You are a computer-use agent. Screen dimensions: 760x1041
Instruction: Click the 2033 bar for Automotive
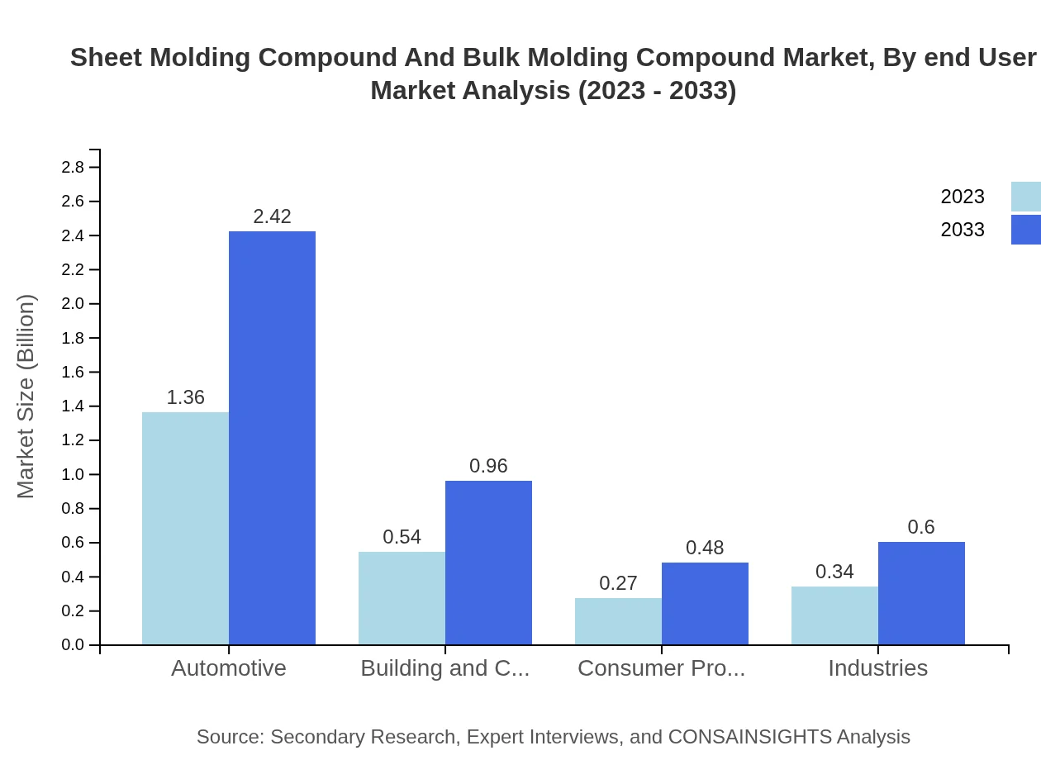click(x=272, y=438)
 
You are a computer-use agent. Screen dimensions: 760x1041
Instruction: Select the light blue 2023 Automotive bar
click(x=185, y=529)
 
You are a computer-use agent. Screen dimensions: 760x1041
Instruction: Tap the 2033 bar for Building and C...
click(x=488, y=563)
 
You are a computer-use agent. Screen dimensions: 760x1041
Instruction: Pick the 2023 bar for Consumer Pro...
click(x=618, y=621)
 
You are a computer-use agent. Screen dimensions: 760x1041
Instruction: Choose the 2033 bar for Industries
click(x=921, y=593)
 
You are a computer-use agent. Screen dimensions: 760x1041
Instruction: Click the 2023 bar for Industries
click(x=834, y=615)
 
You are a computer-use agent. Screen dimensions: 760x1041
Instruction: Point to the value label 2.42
click(x=272, y=216)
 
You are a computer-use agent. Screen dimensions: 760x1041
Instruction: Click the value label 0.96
click(x=488, y=466)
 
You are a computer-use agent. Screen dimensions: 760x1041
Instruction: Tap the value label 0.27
click(x=618, y=583)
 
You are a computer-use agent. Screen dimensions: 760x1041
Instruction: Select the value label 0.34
click(x=834, y=572)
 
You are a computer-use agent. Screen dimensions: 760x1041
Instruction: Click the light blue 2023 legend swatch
click(x=1025, y=197)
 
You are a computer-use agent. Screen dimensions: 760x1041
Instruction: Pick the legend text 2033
click(x=963, y=230)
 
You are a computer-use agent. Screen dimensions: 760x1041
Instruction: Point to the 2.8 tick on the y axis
click(x=73, y=168)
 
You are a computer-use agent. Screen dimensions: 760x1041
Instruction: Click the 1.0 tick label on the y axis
click(x=73, y=475)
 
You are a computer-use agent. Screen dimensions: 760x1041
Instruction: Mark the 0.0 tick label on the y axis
click(x=73, y=645)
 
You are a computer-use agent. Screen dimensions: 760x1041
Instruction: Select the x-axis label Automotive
click(x=229, y=667)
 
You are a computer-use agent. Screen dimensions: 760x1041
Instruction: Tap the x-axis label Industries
click(x=877, y=667)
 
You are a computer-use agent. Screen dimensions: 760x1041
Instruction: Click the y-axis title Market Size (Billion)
click(x=26, y=397)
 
